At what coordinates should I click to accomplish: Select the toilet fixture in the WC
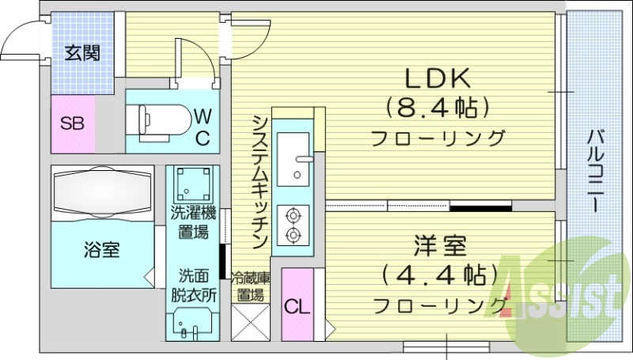[x=162, y=119]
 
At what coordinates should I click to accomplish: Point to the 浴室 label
[x=102, y=251]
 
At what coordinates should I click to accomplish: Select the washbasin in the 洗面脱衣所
[x=191, y=325]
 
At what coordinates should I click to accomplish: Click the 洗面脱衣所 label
[x=194, y=288]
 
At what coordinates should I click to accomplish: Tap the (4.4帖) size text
[x=438, y=275]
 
